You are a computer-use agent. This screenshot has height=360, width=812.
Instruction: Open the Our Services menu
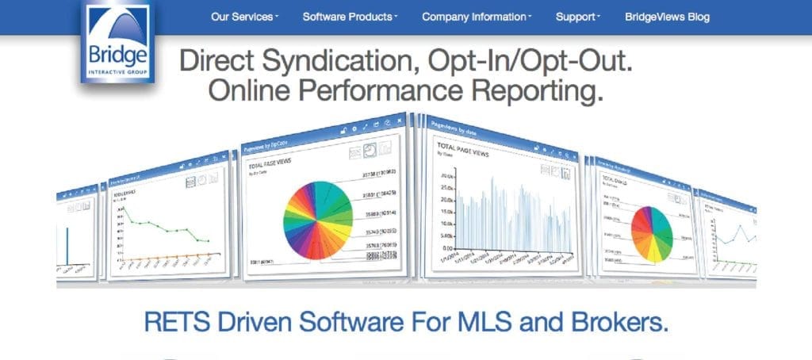pyautogui.click(x=244, y=17)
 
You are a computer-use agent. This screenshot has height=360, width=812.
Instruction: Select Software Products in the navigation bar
pyautogui.click(x=350, y=17)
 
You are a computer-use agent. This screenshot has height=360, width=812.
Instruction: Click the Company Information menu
pyautogui.click(x=476, y=17)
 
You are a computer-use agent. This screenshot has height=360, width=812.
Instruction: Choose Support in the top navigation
pyautogui.click(x=577, y=17)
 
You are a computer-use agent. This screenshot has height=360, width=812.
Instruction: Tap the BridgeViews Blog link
pyautogui.click(x=667, y=17)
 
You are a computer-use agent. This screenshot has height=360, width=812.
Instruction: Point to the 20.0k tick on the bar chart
pyautogui.click(x=445, y=175)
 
